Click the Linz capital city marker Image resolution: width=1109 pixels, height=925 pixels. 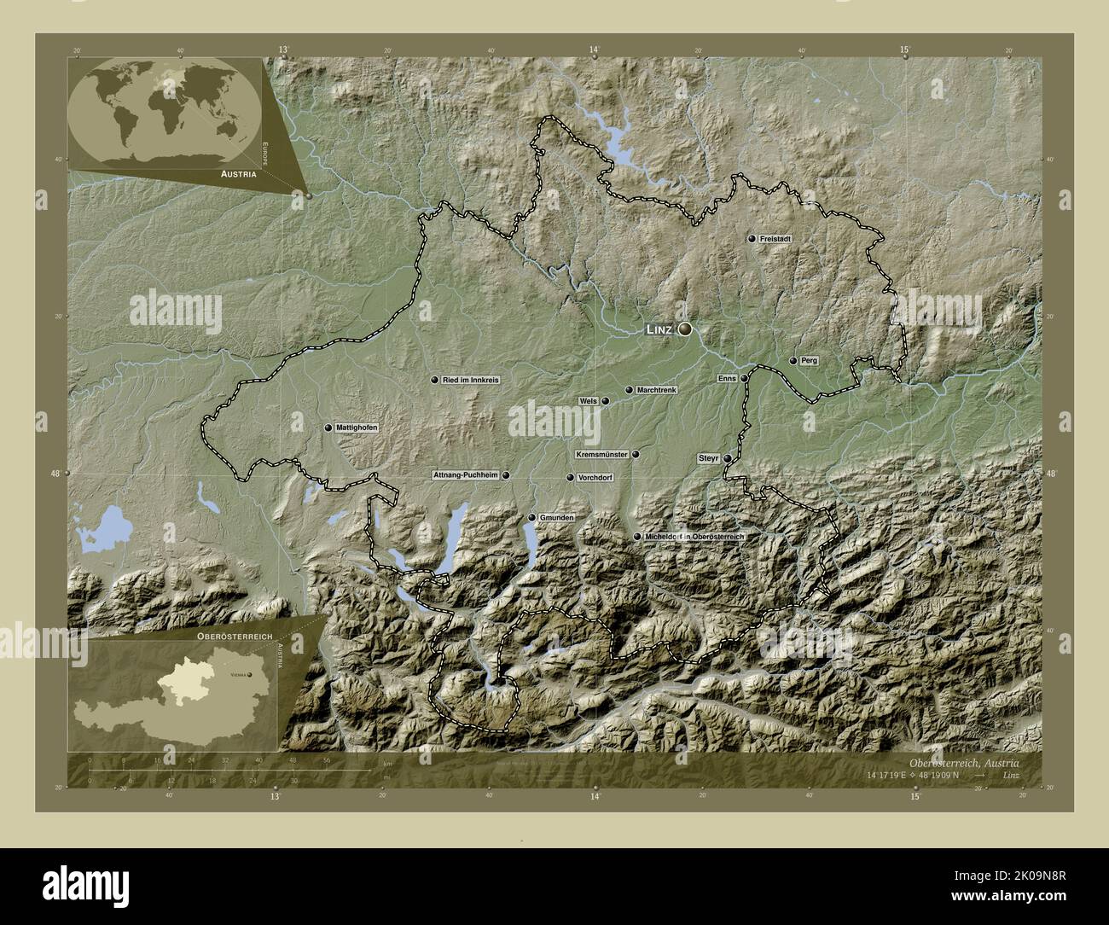(x=685, y=329)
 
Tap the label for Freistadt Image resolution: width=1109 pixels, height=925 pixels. (x=777, y=240)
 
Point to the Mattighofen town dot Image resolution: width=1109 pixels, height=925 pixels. (x=328, y=428)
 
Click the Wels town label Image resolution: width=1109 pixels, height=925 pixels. (x=587, y=400)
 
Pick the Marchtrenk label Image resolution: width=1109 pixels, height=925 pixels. (x=656, y=390)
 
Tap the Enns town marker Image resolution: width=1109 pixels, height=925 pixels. (x=744, y=378)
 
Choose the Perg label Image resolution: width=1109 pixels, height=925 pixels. (x=809, y=361)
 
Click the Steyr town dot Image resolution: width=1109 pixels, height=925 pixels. (x=727, y=458)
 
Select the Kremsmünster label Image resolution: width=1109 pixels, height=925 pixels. (x=602, y=455)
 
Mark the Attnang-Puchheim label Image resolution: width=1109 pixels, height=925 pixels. (x=466, y=475)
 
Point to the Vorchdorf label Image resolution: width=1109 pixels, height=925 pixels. (x=596, y=478)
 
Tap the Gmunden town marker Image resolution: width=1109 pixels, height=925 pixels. (x=531, y=518)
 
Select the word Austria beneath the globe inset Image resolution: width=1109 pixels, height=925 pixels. (x=238, y=173)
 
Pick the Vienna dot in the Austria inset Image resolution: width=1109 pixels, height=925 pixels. (x=248, y=674)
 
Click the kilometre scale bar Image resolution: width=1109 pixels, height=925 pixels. (x=230, y=771)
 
